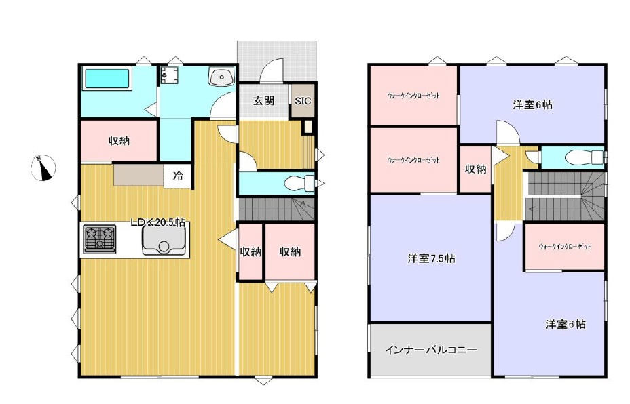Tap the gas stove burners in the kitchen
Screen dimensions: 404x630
[98, 239]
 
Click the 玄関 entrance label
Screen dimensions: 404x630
[264, 101]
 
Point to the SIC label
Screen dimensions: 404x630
[302, 101]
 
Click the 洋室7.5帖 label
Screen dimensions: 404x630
[431, 258]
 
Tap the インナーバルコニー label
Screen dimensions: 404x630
[431, 350]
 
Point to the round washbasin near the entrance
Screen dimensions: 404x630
[221, 79]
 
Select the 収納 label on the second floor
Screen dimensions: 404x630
[475, 169]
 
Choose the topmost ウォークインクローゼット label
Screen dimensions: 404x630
[413, 96]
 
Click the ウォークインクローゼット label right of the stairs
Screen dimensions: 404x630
[563, 247]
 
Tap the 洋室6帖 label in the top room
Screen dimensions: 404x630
[532, 104]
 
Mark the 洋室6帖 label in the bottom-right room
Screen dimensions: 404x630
[566, 324]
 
